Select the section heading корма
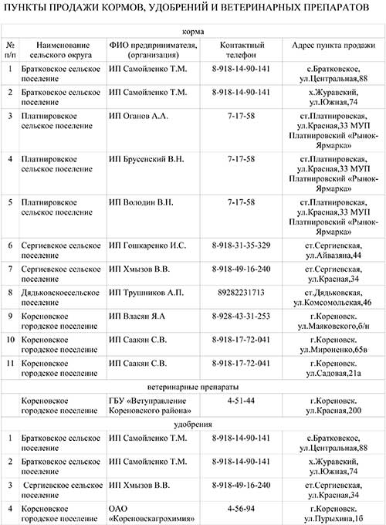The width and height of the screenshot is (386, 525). (193, 32)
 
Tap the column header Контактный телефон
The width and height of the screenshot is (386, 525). (241, 50)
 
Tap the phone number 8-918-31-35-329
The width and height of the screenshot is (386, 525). (241, 246)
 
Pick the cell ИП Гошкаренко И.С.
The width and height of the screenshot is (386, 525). (147, 246)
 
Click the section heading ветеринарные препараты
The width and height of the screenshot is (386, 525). (193, 386)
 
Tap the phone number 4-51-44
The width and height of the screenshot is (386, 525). (241, 401)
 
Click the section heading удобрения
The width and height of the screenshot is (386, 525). (193, 425)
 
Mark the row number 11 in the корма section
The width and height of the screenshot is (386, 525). (10, 363)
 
